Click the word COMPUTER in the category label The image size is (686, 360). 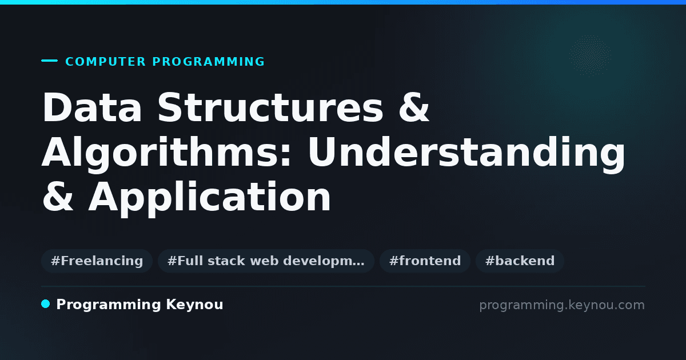105,62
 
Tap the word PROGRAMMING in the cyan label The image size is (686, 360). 208,62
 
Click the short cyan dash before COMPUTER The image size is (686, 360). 49,61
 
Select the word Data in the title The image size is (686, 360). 92,107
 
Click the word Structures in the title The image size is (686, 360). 270,107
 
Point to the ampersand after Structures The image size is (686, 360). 414,107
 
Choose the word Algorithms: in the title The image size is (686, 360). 166,152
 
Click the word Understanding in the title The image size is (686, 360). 466,152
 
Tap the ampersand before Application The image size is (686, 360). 58,197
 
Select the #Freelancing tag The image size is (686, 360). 97,261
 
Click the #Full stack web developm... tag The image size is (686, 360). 266,261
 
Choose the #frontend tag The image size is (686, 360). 425,261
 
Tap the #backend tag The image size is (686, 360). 520,261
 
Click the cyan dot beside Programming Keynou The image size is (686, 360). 45,304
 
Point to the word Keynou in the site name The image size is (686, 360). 194,305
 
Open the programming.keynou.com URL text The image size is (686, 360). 562,306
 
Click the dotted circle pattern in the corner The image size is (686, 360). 590,55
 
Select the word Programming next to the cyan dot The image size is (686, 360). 109,305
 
